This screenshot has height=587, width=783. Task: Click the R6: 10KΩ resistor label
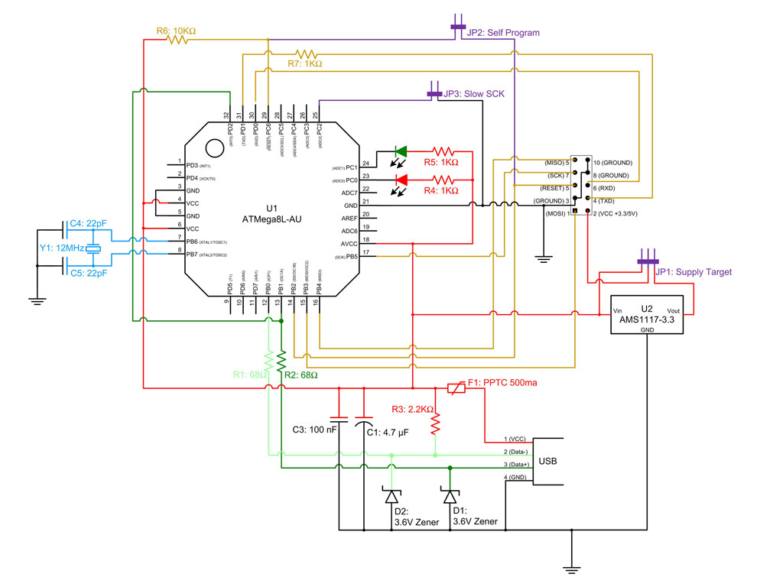tap(176, 31)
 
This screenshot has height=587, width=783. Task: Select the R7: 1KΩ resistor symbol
tap(306, 54)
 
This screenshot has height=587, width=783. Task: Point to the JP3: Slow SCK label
tap(476, 94)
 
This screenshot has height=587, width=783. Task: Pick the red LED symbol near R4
tap(401, 180)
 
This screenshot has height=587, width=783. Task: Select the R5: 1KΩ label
tap(441, 163)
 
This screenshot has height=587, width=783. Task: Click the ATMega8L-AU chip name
tap(272, 219)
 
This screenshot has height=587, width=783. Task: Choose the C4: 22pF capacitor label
tap(88, 224)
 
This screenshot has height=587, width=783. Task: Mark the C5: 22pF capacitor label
tap(88, 272)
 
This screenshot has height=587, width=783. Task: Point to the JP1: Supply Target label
tap(694, 271)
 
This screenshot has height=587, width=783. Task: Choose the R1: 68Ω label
tap(250, 375)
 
